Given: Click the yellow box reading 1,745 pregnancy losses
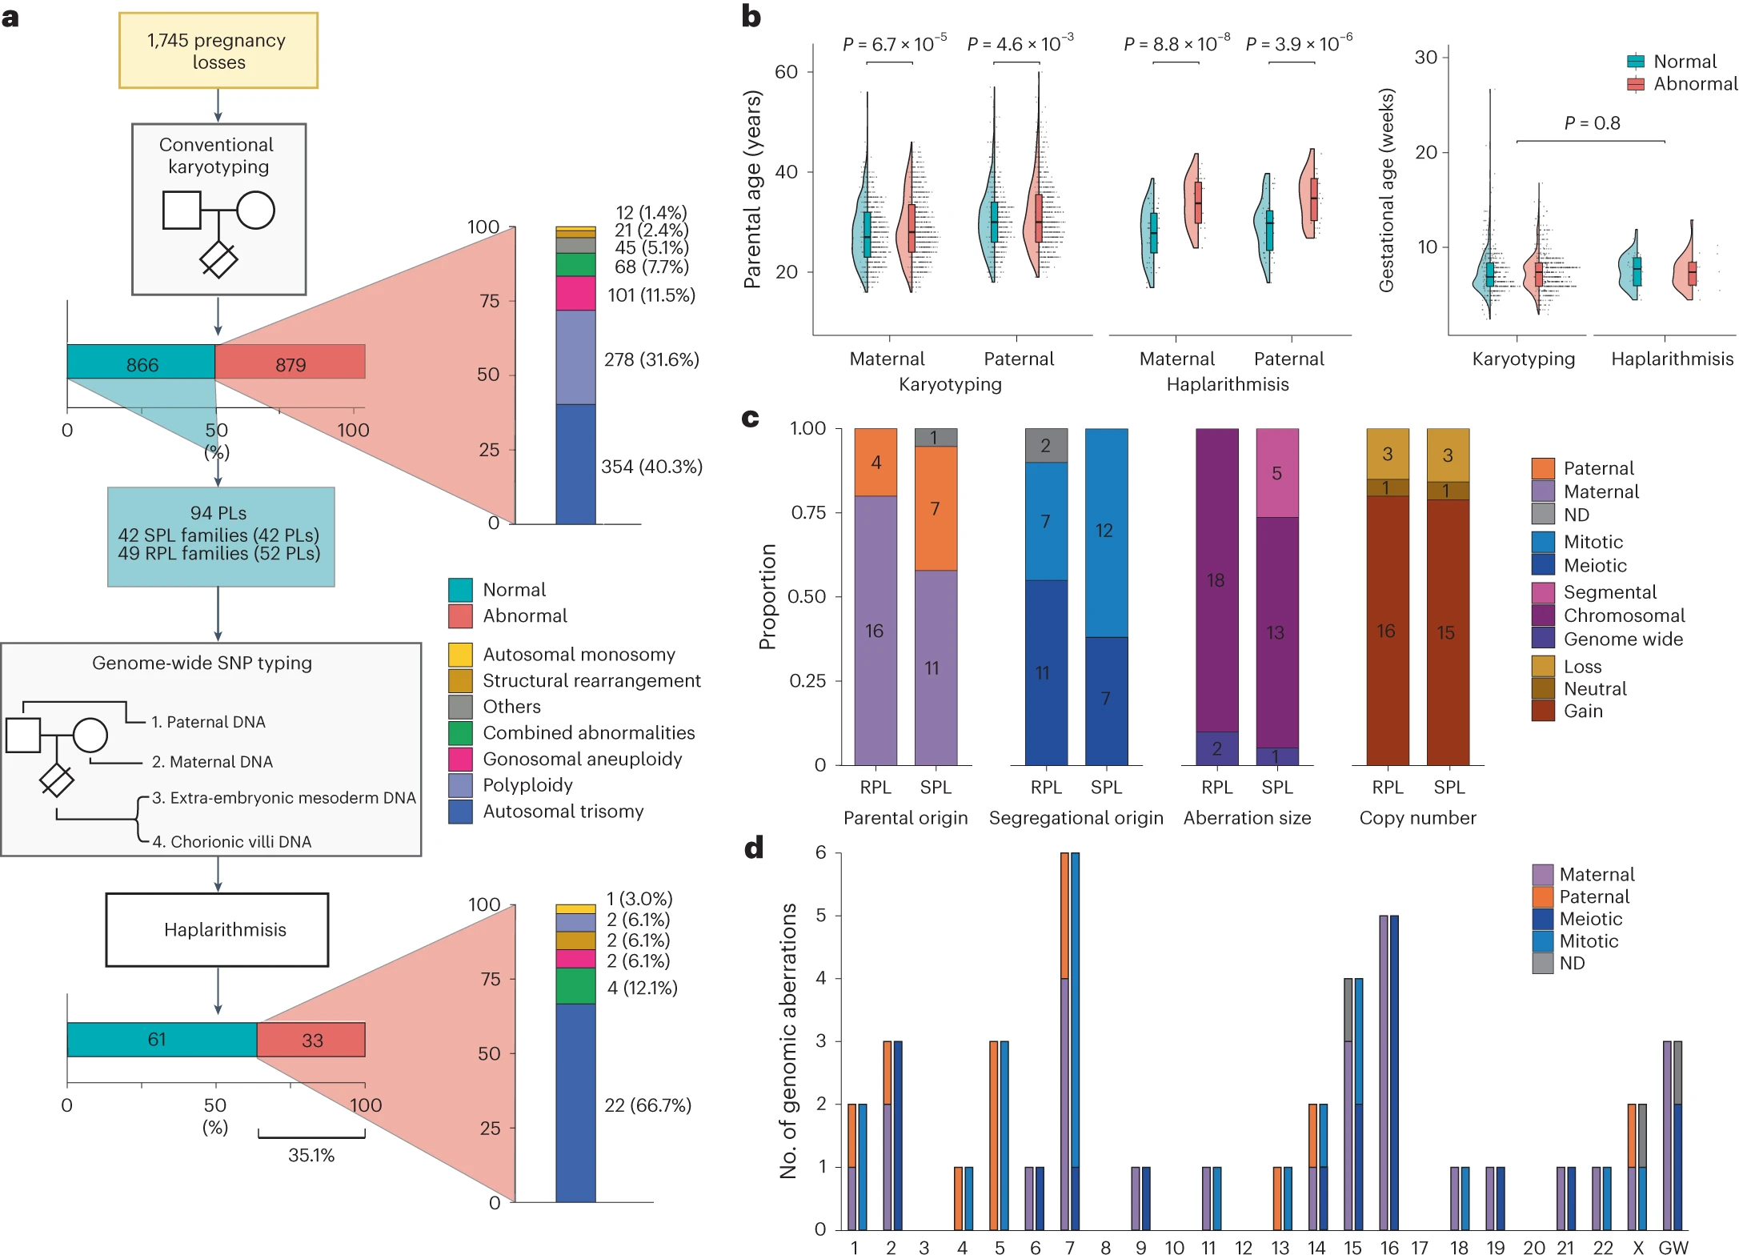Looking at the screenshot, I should (218, 50).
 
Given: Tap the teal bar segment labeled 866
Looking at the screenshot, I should (142, 364).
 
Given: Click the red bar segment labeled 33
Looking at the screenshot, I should (311, 1040).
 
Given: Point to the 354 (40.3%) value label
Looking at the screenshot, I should (651, 467).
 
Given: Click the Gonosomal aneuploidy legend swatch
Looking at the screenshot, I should (460, 759).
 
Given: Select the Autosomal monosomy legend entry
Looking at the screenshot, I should (578, 655).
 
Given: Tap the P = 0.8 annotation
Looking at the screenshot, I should (1592, 123).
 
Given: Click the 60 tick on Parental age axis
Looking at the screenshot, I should (786, 72).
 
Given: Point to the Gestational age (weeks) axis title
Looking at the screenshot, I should (1386, 190).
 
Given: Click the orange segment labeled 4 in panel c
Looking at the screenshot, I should (876, 463).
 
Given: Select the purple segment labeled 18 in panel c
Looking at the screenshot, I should (1216, 579).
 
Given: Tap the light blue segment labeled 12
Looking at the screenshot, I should (1106, 531).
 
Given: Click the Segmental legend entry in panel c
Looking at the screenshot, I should (1609, 592).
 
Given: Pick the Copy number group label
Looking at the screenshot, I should (1417, 818).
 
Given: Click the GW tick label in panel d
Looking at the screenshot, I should (1673, 1248).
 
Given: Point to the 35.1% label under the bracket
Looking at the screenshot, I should (311, 1155).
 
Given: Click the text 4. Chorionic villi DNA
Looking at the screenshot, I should (231, 842).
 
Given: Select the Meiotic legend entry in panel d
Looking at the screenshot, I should (1590, 919).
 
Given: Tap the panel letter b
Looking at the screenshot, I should (751, 17).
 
